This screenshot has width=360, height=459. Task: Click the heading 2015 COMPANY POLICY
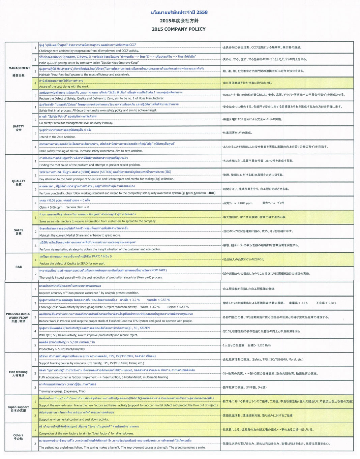(x=178, y=29)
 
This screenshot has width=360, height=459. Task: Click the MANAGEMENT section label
(x=19, y=68)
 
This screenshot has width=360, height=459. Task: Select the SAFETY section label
(x=19, y=126)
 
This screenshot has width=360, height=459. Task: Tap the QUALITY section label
(x=19, y=181)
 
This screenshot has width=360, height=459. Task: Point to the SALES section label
(x=19, y=230)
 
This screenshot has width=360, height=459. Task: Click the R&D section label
(x=19, y=267)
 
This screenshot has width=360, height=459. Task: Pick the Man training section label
(x=18, y=372)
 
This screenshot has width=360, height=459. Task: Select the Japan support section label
(x=18, y=407)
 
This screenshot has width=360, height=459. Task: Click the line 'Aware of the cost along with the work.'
(x=64, y=87)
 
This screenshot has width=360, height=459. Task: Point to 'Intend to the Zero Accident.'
(x=57, y=137)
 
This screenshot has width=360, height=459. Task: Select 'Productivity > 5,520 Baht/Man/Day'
(x=62, y=349)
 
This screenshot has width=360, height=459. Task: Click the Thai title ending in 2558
(x=179, y=12)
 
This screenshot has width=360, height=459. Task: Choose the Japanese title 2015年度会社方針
(x=179, y=21)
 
